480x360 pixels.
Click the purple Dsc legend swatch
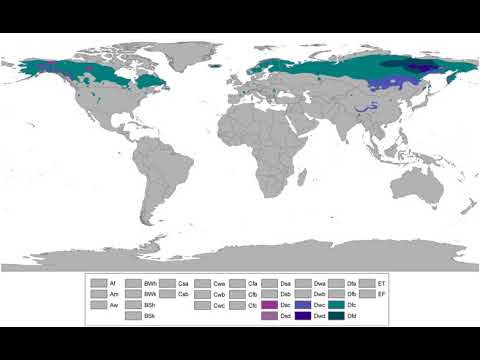269,305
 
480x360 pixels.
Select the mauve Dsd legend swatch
269,316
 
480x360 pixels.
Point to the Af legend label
113,284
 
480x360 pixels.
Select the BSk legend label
149,316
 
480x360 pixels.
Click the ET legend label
381,284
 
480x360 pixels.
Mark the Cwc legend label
219,305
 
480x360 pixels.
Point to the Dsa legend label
285,284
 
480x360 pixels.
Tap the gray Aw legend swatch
98,305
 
